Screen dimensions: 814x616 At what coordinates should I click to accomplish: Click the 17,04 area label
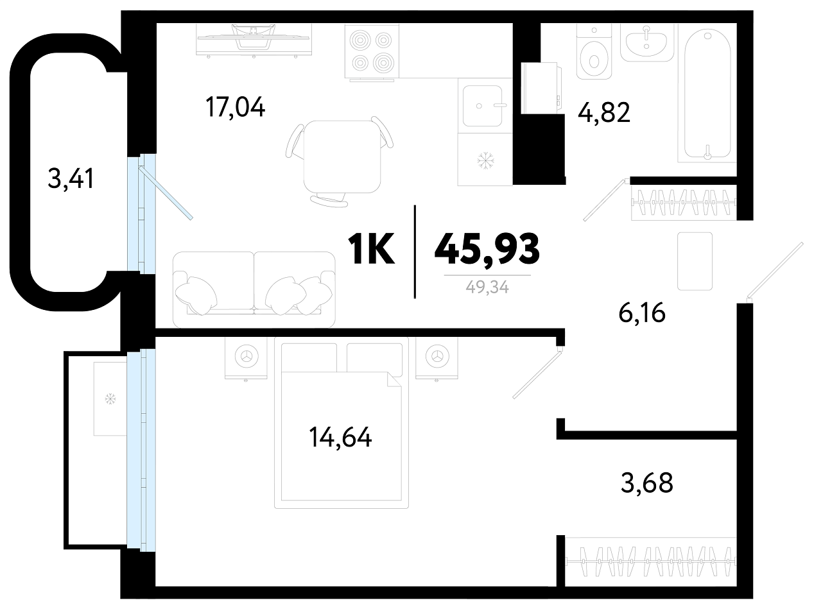[x=235, y=107]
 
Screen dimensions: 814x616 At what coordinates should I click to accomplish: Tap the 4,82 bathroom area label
[x=603, y=113]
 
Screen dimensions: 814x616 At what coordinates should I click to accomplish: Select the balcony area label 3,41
[x=71, y=178]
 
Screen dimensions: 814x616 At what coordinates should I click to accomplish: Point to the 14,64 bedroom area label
[x=340, y=438]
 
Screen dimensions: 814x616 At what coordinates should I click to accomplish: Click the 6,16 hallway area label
[x=642, y=313]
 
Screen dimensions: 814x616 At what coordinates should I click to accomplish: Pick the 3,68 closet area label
[x=646, y=483]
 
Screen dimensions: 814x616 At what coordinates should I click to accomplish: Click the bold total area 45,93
[x=487, y=249]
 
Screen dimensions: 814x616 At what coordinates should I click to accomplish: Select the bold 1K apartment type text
[x=371, y=250]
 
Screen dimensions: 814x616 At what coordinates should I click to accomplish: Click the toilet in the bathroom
[x=594, y=53]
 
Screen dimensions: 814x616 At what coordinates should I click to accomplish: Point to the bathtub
[x=707, y=96]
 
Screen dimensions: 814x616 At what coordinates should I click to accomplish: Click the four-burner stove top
[x=372, y=51]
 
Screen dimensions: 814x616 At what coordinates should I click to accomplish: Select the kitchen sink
[x=483, y=106]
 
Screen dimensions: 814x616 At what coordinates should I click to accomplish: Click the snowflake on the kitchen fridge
[x=483, y=161]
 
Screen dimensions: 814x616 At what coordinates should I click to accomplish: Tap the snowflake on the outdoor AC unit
[x=110, y=399]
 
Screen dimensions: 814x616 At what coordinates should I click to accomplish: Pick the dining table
[x=342, y=157]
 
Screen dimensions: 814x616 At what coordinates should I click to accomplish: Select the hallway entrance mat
[x=695, y=261]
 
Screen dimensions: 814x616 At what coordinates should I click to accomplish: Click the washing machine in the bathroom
[x=541, y=88]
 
